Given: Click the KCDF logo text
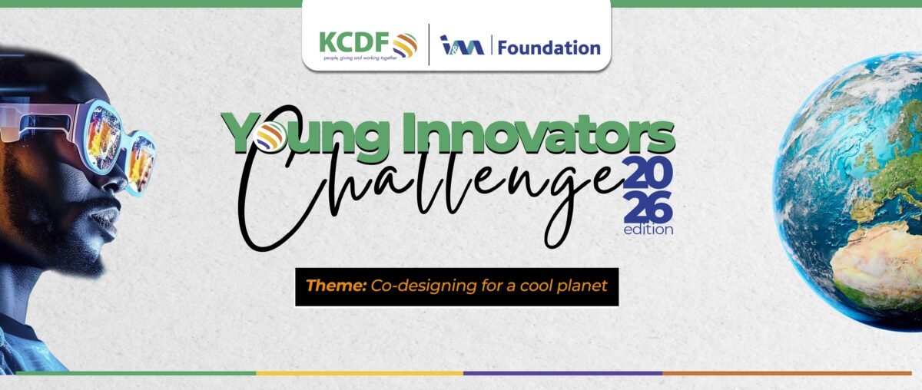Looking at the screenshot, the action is click(x=354, y=43).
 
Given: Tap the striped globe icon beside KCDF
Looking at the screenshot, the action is click(x=405, y=45).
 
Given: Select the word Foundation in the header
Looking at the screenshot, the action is click(x=549, y=48).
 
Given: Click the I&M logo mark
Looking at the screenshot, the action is click(x=462, y=45).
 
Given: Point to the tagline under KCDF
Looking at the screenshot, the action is click(x=360, y=58).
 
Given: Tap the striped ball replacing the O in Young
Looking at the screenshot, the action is click(x=268, y=136).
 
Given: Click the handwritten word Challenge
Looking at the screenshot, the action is click(x=432, y=185).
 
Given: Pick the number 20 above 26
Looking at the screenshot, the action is click(x=648, y=172).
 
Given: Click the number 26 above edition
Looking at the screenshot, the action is click(x=648, y=207).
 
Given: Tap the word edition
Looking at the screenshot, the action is click(x=648, y=229).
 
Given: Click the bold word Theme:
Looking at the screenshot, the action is click(x=336, y=286).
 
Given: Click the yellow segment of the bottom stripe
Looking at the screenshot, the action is click(x=360, y=373).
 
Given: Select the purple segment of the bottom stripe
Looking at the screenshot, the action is click(x=563, y=373).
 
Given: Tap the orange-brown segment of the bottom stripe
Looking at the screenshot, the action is click(x=787, y=373).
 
